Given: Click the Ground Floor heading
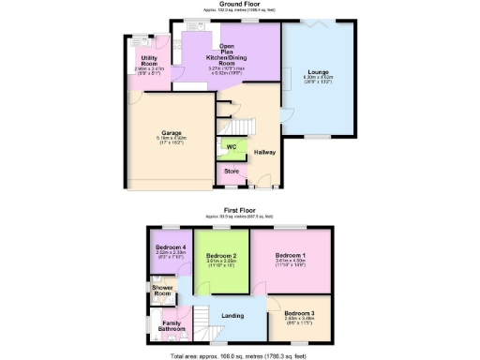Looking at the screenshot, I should coord(239,4).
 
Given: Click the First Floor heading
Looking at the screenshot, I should coord(240,212).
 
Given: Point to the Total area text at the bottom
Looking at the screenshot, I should coord(239,356).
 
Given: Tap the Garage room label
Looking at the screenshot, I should coord(171,132).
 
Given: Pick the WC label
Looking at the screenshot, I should coord(230,147).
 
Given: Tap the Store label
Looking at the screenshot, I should coord(231,172).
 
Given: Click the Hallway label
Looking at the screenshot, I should coord(264,152).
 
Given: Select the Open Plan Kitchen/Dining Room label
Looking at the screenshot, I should coord(227,54).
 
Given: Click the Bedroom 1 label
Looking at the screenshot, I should coord(291,255).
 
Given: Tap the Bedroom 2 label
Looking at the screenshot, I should coord(221,255).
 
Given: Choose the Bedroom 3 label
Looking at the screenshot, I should coord(299,311).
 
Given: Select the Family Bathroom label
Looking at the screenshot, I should coord(172,325).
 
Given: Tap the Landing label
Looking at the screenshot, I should coord(232,316).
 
